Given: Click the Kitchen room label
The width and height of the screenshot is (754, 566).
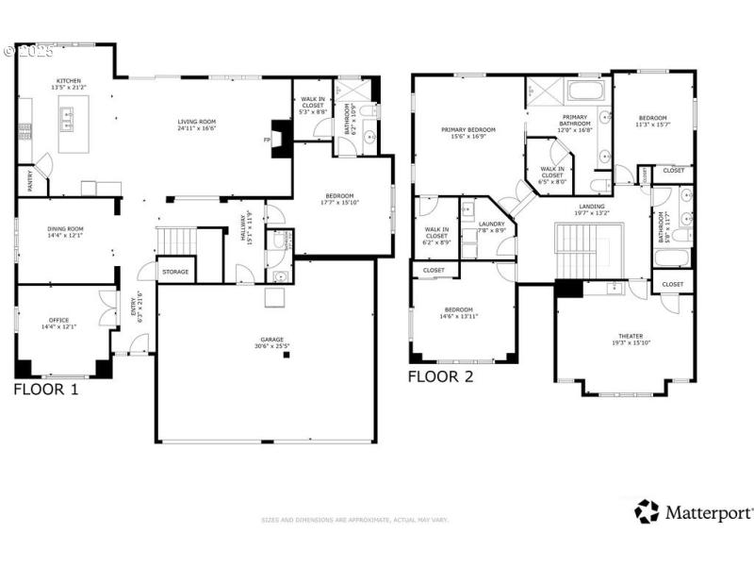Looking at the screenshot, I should (70, 80).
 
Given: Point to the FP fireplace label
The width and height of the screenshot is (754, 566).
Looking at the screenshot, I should (268, 140).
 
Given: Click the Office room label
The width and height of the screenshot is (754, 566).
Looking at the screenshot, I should (58, 322).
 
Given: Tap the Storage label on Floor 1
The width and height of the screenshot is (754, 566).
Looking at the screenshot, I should (175, 272).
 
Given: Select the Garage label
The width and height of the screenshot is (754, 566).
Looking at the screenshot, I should (266, 339).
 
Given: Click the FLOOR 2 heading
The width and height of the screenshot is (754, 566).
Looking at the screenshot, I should (440, 376).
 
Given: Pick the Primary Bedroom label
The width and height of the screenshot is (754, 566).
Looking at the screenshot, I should (468, 129).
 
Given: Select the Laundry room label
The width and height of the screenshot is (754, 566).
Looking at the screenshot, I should (491, 224).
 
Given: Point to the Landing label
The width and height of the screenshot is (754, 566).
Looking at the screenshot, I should (593, 206).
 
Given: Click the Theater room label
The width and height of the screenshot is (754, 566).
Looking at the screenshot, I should (631, 336).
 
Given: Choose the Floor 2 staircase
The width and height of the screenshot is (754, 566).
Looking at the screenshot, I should (582, 250).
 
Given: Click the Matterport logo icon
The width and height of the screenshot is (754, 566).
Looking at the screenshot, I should (647, 511).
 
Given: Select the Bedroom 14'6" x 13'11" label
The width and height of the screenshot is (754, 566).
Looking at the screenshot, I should (459, 309).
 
